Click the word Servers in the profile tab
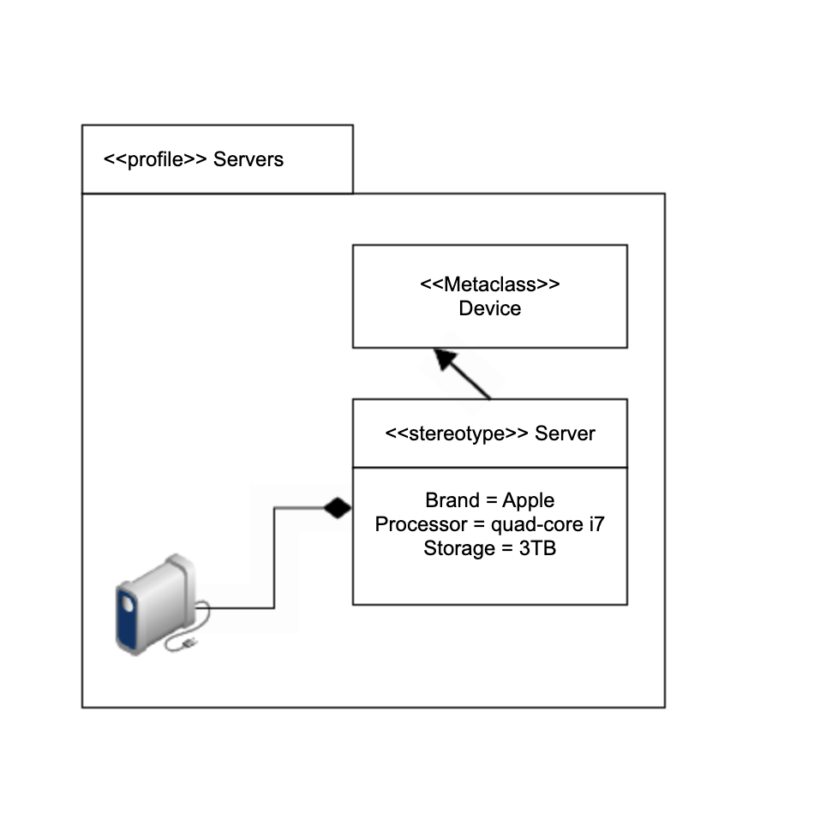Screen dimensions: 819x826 point(248,159)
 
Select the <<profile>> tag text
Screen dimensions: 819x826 point(155,159)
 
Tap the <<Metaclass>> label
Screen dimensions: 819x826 point(489,284)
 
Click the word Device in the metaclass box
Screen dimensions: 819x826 point(489,308)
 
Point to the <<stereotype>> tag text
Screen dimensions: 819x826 point(457,433)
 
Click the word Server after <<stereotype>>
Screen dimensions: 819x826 point(565,433)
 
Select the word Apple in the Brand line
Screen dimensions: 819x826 point(528,500)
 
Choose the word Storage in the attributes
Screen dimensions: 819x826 point(455,548)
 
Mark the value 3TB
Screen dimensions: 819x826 point(537,548)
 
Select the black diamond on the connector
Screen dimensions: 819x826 point(338,508)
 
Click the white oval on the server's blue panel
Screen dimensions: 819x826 point(128,604)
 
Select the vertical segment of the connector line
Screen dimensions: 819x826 point(274,558)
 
